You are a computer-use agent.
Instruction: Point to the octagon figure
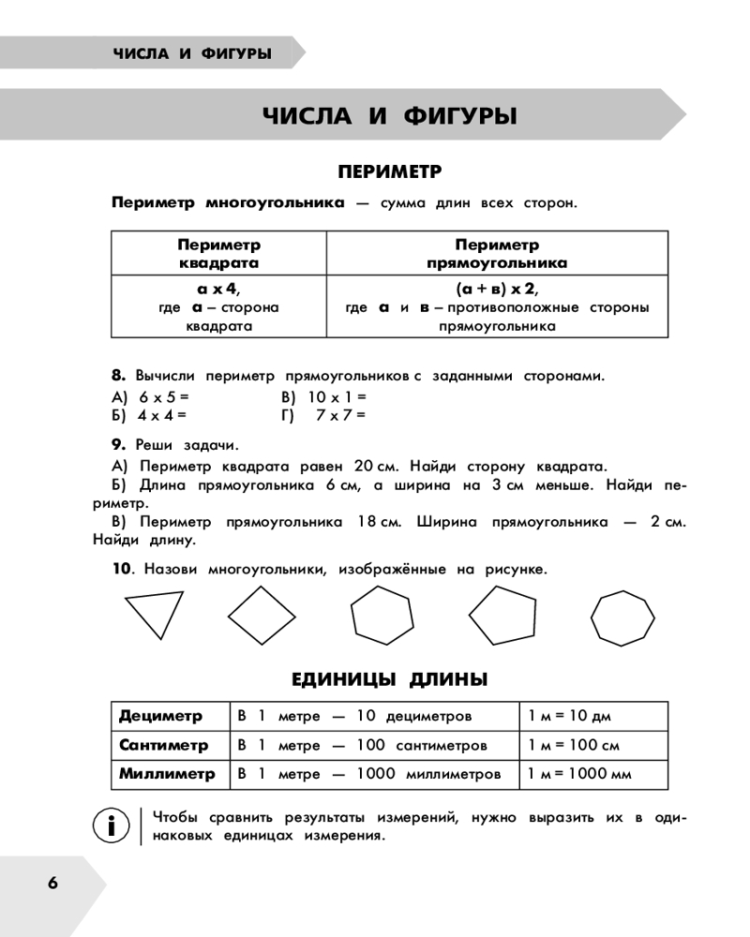(621, 617)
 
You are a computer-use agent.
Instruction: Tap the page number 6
(52, 883)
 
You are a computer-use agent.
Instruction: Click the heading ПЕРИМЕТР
(389, 172)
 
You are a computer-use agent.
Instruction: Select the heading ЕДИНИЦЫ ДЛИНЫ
(389, 678)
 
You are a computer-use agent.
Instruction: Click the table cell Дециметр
(161, 717)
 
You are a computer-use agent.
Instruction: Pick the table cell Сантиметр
(164, 746)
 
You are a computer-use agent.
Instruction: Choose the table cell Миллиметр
(167, 774)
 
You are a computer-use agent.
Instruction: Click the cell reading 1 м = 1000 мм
(579, 774)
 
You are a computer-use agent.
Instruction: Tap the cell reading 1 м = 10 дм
(569, 717)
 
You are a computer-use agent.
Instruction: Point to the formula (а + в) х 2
(497, 289)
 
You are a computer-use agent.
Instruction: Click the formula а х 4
(218, 289)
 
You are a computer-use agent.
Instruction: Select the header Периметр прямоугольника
(497, 254)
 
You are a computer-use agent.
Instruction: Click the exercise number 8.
(117, 376)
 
